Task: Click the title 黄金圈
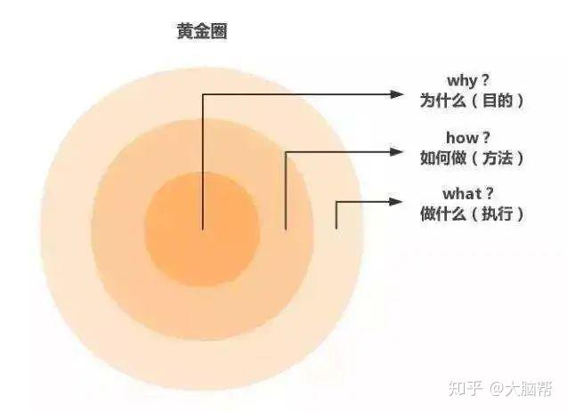coord(201,32)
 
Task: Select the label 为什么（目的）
coord(471,101)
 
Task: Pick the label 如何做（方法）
coord(471,158)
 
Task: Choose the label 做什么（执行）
coord(471,214)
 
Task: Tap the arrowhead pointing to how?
coord(398,152)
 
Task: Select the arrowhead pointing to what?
coord(398,202)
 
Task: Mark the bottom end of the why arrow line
coord(203,229)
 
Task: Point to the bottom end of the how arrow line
coord(285,229)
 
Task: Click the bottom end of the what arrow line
coord(336,228)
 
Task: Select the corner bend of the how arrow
coord(285,152)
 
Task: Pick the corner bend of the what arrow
coord(336,202)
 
